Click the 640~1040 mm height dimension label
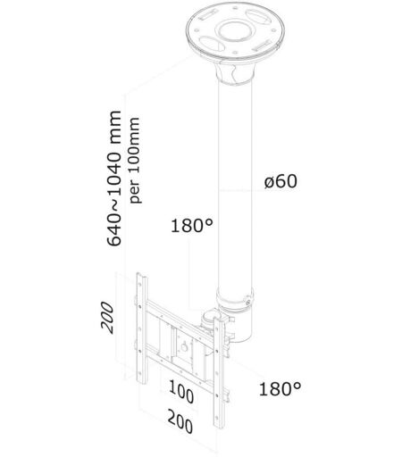[114, 179]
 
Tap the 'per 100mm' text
[135, 161]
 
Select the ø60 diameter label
[281, 181]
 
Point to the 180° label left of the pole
[192, 225]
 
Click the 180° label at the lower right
[280, 388]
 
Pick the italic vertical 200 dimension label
[107, 317]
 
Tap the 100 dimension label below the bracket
[181, 392]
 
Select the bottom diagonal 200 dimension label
[180, 421]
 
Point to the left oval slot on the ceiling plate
[212, 44]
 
